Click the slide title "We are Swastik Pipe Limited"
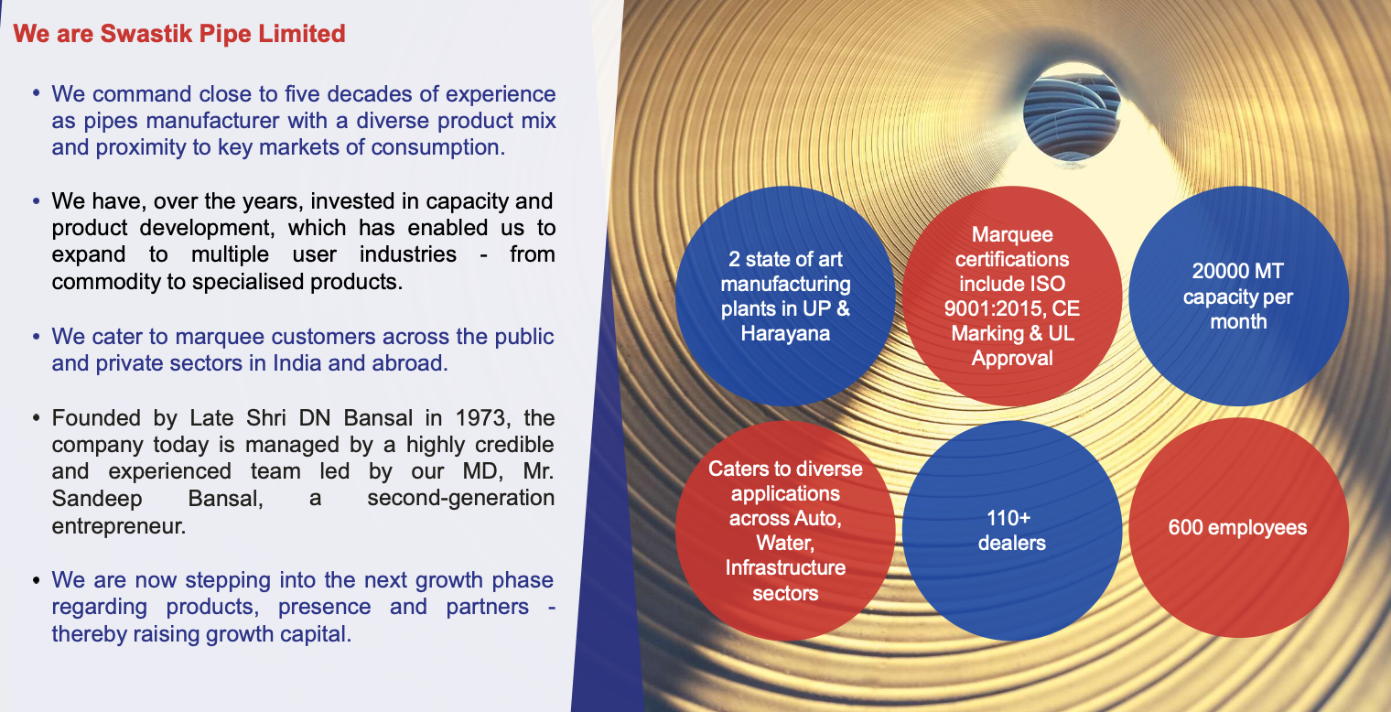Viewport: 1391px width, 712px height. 178,34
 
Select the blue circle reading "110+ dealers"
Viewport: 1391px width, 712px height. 1011,531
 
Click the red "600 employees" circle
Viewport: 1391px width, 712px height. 1238,528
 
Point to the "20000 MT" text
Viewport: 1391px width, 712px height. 1237,271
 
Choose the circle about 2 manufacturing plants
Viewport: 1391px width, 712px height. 785,297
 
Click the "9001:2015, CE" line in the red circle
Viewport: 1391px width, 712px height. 1011,308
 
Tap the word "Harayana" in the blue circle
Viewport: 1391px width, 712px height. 785,333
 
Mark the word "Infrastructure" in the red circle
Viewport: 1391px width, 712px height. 785,567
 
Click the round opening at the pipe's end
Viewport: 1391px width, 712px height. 1072,113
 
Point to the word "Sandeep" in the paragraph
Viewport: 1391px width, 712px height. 97,499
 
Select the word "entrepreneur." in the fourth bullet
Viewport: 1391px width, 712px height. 119,526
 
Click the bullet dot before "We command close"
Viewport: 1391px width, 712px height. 36,93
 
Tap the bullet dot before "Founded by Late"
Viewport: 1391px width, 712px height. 36,417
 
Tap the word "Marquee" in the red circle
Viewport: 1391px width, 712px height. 1011,234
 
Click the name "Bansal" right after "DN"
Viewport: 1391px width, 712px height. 378,417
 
